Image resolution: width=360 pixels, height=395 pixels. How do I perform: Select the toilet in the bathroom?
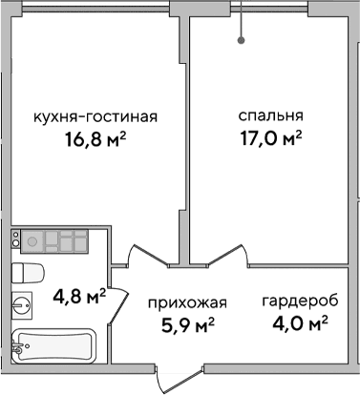coord(28,271)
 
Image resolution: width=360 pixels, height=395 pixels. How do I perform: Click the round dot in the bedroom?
coord(242,40)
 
